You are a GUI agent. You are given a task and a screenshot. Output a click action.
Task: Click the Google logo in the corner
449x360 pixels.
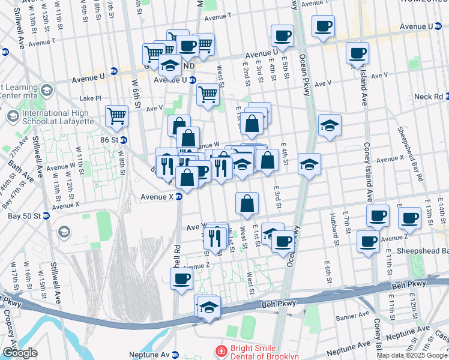(19, 353)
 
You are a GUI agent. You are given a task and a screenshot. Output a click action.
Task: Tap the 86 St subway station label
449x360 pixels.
(108, 140)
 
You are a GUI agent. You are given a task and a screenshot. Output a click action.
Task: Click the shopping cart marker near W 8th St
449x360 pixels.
(116, 115)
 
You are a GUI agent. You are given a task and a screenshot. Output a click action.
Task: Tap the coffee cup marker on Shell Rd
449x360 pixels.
(181, 278)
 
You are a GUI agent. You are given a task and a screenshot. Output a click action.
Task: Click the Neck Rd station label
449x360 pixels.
(429, 97)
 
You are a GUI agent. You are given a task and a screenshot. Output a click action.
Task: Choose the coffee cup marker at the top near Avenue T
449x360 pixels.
(324, 26)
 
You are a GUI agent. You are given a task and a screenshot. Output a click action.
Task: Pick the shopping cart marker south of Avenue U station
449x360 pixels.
(208, 93)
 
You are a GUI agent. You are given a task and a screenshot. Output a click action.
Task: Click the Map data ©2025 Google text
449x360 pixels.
(412, 355)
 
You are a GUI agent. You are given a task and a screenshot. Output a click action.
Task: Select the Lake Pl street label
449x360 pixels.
(91, 98)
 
